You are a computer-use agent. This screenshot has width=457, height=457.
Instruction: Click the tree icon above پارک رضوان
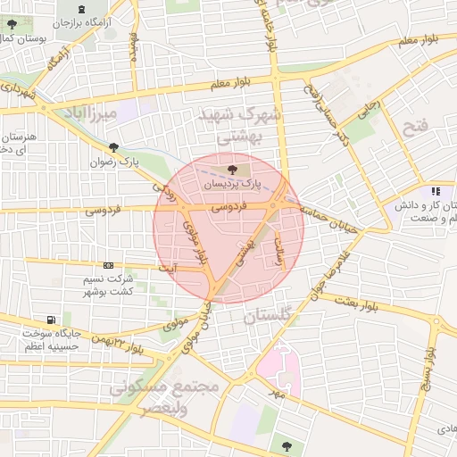(113, 148)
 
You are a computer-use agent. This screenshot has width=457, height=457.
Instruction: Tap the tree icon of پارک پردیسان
(232, 168)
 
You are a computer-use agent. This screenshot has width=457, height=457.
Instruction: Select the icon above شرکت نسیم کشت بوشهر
(108, 265)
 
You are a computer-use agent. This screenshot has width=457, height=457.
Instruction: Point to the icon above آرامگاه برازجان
(82, 9)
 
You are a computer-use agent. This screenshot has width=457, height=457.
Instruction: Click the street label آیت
(167, 267)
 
